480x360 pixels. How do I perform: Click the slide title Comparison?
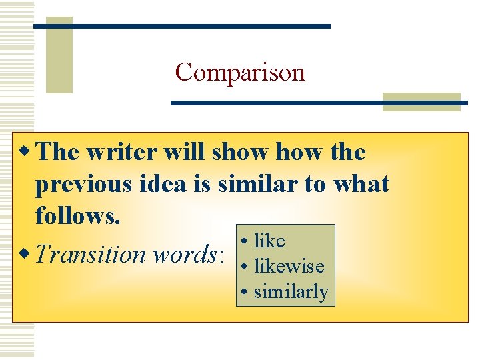point(240,72)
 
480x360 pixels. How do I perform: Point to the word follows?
point(77,215)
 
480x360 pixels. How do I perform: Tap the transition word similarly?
point(291,291)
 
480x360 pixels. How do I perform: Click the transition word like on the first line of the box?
point(269,241)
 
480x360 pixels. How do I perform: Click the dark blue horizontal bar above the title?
point(181,26)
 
